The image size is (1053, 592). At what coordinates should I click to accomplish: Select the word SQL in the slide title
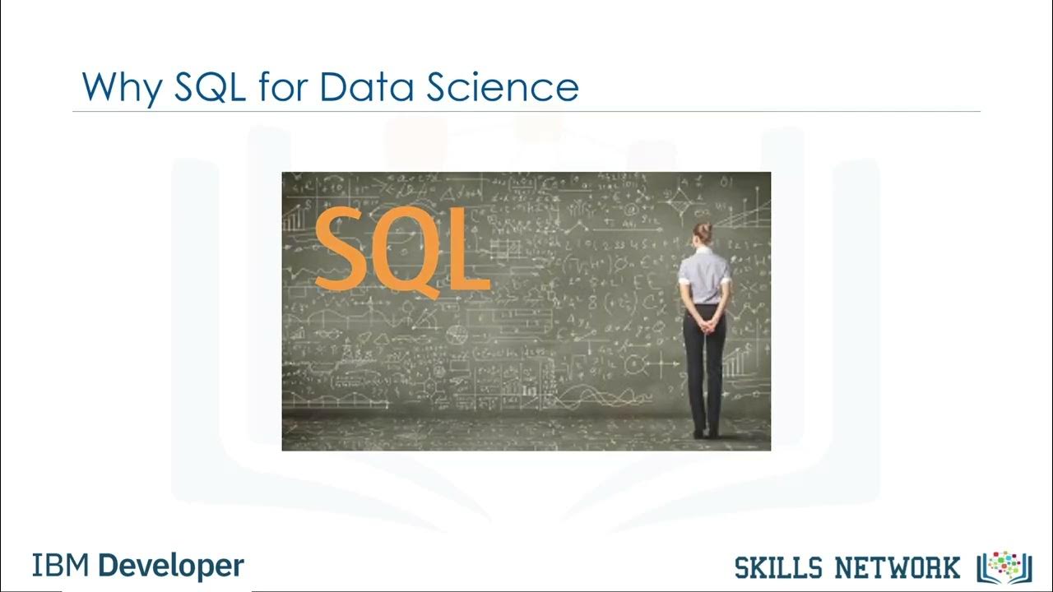click(x=210, y=86)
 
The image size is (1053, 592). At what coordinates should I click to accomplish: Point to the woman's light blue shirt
click(x=704, y=275)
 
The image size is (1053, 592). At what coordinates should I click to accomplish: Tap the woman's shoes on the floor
click(x=706, y=432)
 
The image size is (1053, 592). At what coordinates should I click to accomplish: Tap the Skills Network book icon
click(x=1004, y=567)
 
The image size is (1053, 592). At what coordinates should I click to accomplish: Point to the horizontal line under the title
click(x=526, y=111)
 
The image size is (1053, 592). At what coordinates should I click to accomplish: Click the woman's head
click(x=703, y=234)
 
